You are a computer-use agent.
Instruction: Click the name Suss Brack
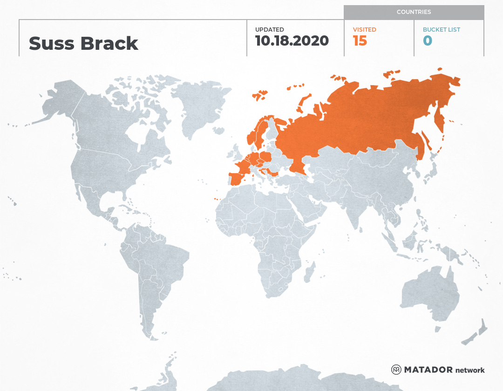point(83,43)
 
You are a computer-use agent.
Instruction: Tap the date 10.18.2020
point(292,40)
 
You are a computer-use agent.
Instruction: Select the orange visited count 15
point(360,41)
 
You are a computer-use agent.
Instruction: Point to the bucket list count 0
point(427,41)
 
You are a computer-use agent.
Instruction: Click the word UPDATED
point(269,30)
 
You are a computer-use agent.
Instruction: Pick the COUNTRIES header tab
point(414,12)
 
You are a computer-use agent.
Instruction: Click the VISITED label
point(364,30)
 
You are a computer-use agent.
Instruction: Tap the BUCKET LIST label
point(441,30)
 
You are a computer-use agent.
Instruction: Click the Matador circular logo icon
point(396,370)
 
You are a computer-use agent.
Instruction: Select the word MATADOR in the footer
point(428,370)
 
